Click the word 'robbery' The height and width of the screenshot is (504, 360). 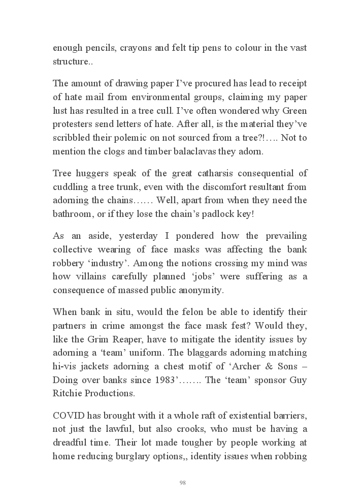[70, 263]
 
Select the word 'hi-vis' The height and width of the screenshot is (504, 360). [66, 366]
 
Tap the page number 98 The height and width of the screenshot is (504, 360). [182, 483]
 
